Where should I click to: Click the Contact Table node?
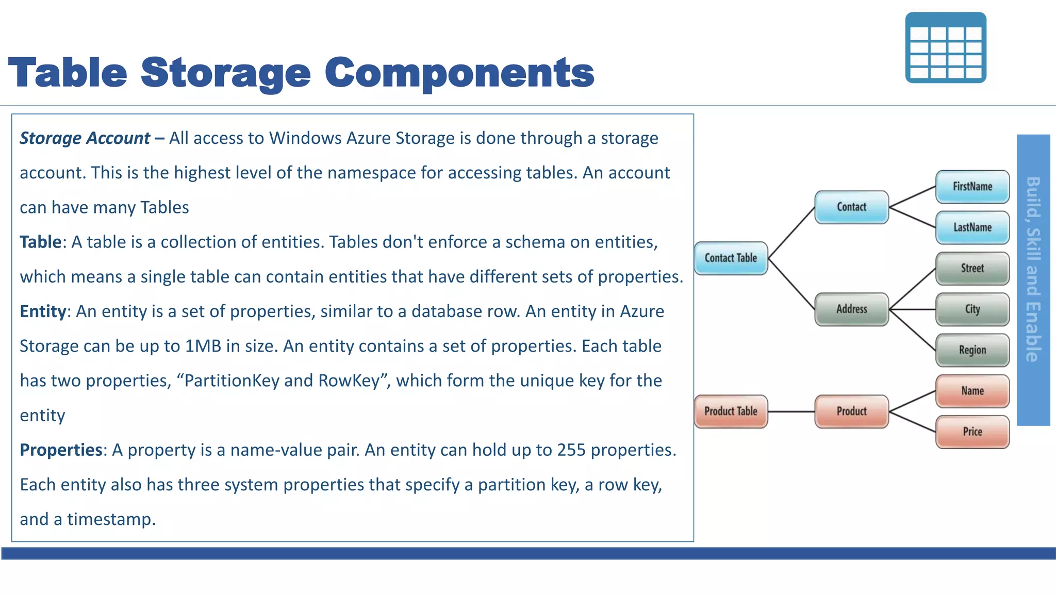point(731,258)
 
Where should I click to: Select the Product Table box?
point(731,411)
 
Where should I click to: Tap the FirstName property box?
point(972,187)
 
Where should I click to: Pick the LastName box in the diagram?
point(972,227)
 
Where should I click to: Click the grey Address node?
point(851,309)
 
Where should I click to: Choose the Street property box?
point(972,268)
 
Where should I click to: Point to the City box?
point(972,309)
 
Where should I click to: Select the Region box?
point(972,350)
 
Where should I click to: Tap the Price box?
point(972,432)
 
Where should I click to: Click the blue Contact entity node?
point(851,207)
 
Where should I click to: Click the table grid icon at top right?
point(946,48)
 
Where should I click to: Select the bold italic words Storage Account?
point(85,138)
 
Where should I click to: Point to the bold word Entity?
point(43,311)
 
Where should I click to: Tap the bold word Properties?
point(61,450)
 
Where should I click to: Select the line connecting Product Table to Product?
point(791,411)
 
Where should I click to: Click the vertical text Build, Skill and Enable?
point(1033,269)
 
